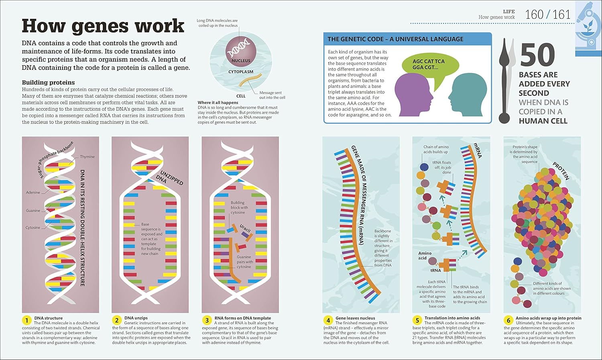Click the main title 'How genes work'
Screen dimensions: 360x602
point(103,26)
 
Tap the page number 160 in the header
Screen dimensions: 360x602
point(534,15)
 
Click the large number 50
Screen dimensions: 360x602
point(537,55)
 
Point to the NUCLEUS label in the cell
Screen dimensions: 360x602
point(241,61)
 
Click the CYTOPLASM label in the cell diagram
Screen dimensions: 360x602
point(241,72)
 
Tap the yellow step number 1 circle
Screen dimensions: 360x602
point(26,320)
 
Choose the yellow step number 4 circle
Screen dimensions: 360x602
point(328,320)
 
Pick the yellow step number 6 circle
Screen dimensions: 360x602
point(508,320)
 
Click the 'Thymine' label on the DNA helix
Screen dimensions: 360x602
point(87,157)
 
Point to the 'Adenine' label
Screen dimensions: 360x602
point(33,192)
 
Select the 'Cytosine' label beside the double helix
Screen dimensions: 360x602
point(33,228)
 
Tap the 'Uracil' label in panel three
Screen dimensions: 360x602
point(245,228)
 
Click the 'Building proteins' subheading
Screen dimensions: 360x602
point(48,82)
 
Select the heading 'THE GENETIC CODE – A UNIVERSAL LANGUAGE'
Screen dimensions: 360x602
point(395,39)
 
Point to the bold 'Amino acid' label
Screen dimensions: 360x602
point(425,256)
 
